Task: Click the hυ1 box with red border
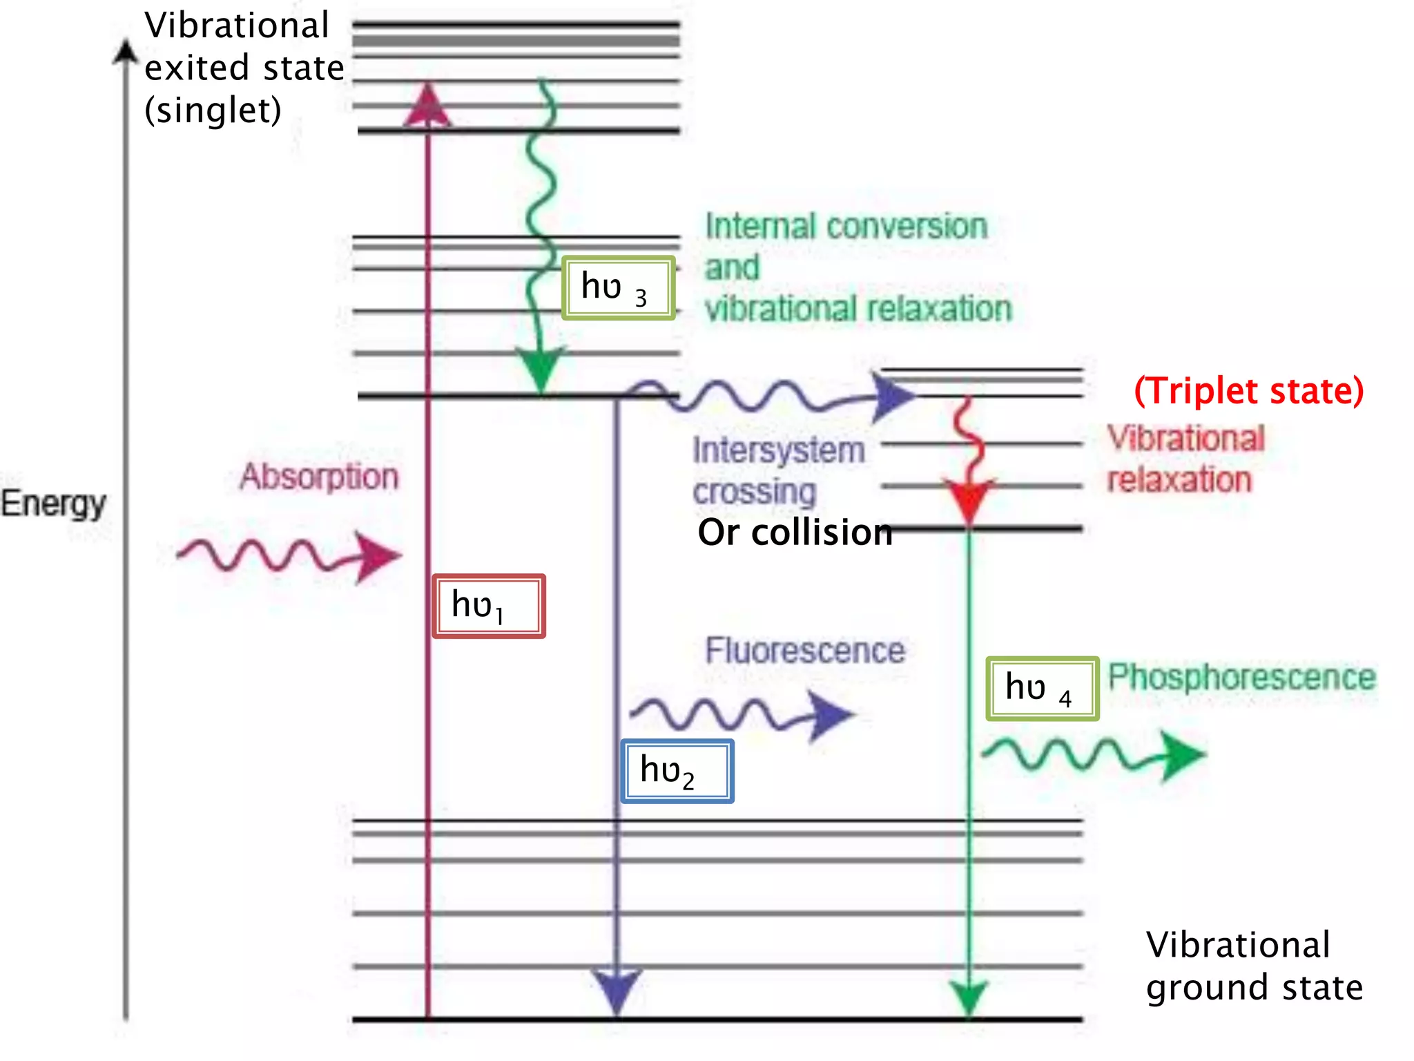(x=489, y=606)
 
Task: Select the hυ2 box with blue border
(x=677, y=771)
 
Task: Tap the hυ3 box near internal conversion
(x=618, y=287)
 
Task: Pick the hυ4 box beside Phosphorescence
(x=1042, y=688)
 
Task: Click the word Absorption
(x=319, y=477)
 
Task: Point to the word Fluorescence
(x=805, y=651)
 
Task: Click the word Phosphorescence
(x=1241, y=677)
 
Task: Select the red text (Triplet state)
(x=1249, y=391)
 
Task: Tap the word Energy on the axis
(x=53, y=503)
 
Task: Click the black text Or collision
(x=795, y=533)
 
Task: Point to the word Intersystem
(x=779, y=450)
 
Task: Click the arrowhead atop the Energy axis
(x=126, y=52)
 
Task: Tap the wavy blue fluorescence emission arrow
(x=742, y=714)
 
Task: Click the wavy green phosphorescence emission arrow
(x=1094, y=754)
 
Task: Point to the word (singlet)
(x=213, y=111)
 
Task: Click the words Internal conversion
(x=846, y=227)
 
